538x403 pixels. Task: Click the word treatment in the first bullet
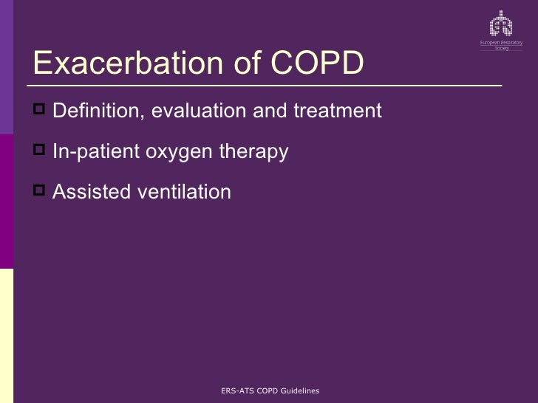[338, 111]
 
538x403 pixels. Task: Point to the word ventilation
[184, 192]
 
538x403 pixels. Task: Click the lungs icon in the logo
[502, 24]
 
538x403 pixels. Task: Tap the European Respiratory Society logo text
[502, 45]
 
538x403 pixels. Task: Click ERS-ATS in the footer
[237, 390]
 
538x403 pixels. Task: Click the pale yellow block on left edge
[6, 335]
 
